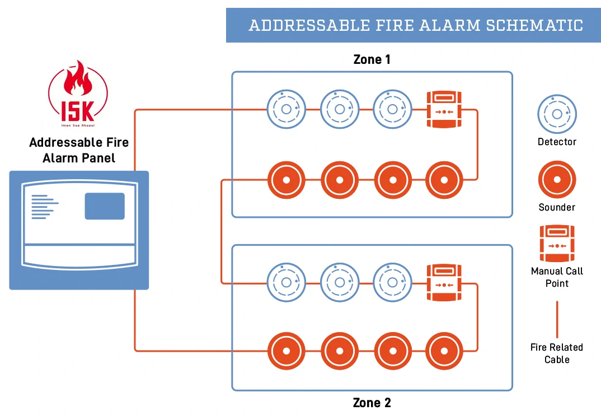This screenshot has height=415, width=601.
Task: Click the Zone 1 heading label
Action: coord(372,59)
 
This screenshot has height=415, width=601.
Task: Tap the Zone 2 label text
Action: coord(372,402)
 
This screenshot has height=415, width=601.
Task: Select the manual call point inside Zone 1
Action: coord(443,110)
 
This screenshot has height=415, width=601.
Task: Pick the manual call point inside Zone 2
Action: coord(443,283)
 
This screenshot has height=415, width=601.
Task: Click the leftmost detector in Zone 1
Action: coord(286,110)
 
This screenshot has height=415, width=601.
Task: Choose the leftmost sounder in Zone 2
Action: coord(286,351)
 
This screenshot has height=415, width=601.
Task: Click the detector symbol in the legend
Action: coord(557,114)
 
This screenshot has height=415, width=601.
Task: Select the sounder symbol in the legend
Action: coord(557,180)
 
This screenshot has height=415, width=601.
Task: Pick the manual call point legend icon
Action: coord(557,244)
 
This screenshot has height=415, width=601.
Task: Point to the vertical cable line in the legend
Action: coord(557,319)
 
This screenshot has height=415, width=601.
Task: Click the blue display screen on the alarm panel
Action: coord(105,206)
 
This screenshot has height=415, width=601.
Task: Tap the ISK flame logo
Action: coord(78,92)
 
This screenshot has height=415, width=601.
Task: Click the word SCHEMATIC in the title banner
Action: coord(534,25)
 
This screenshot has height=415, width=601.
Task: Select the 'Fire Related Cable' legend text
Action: coord(557,353)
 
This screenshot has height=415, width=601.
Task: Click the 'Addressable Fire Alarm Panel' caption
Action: coord(79,150)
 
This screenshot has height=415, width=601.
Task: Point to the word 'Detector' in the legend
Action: coord(557,142)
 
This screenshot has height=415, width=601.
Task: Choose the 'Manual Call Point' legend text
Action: coord(557,277)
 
